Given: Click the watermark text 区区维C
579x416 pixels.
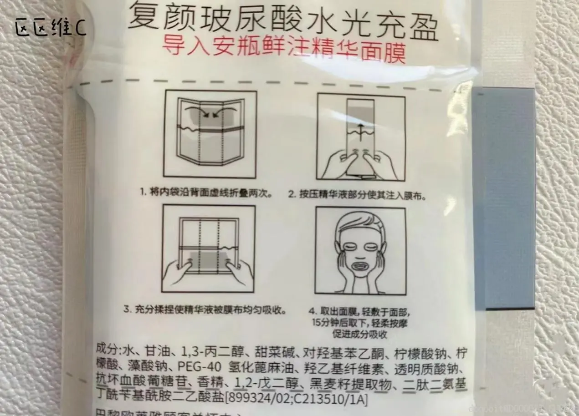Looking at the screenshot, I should click(50, 28).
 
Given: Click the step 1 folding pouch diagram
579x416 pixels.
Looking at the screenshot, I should click(210, 134).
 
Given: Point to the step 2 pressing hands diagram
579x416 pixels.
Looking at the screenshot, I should click(361, 136).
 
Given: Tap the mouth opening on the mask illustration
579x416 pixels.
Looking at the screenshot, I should click(360, 267).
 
